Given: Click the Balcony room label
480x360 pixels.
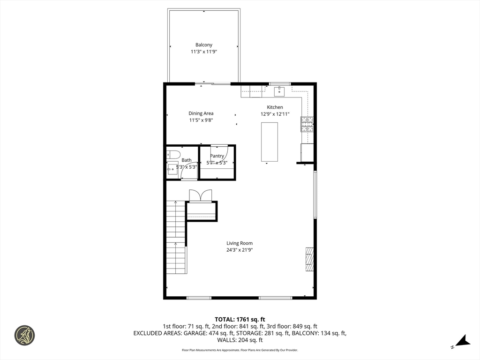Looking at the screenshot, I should click(x=204, y=45).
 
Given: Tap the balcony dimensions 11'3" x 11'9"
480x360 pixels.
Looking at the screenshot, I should click(x=204, y=52).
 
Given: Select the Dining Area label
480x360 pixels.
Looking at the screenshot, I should click(x=201, y=113).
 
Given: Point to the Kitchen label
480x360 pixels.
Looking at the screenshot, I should click(x=275, y=107).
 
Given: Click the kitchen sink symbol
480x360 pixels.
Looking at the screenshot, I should click(x=279, y=91).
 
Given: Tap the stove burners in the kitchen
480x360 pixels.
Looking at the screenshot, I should click(x=307, y=124).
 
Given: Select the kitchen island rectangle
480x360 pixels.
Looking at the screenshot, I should click(x=270, y=142).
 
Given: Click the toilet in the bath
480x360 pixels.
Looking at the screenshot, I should click(x=173, y=154).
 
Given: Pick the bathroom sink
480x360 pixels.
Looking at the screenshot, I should click(x=172, y=169).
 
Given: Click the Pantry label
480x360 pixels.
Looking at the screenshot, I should click(x=217, y=156).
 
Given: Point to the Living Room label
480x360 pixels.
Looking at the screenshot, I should click(x=240, y=243).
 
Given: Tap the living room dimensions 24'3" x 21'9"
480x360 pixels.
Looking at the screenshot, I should click(x=240, y=250).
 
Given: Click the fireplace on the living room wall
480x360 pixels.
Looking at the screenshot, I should click(x=309, y=259).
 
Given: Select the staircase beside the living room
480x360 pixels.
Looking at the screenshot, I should click(x=176, y=237).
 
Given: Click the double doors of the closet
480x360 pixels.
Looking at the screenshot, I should click(x=201, y=195).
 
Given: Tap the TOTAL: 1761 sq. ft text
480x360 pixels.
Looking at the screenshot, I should click(x=240, y=319).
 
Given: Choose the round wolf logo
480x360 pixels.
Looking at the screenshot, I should click(x=24, y=336).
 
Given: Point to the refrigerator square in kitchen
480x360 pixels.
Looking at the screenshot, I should click(x=307, y=152).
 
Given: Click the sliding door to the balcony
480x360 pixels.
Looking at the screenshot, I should click(x=213, y=83).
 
